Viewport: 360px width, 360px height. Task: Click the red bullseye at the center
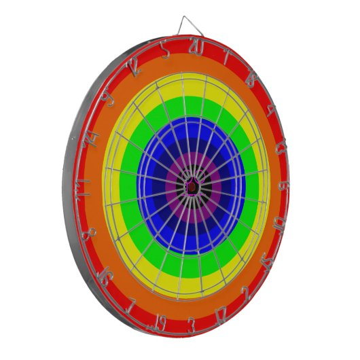tap(192, 185)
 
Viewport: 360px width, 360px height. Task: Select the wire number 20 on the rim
tap(196, 50)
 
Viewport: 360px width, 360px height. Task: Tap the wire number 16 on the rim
tap(105, 275)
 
